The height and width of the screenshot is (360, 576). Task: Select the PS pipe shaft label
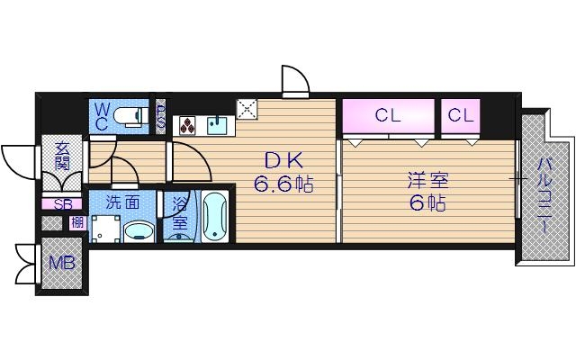161,117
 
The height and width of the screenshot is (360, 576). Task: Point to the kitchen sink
215,124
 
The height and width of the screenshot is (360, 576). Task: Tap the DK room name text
281,160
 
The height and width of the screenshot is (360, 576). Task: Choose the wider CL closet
388,115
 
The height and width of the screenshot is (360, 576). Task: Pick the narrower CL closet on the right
461,115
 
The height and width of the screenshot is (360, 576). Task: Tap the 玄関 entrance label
62,156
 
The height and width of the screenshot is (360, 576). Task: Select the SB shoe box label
62,205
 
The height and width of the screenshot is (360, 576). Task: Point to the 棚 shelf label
77,223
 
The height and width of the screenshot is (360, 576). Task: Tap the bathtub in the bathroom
213,218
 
